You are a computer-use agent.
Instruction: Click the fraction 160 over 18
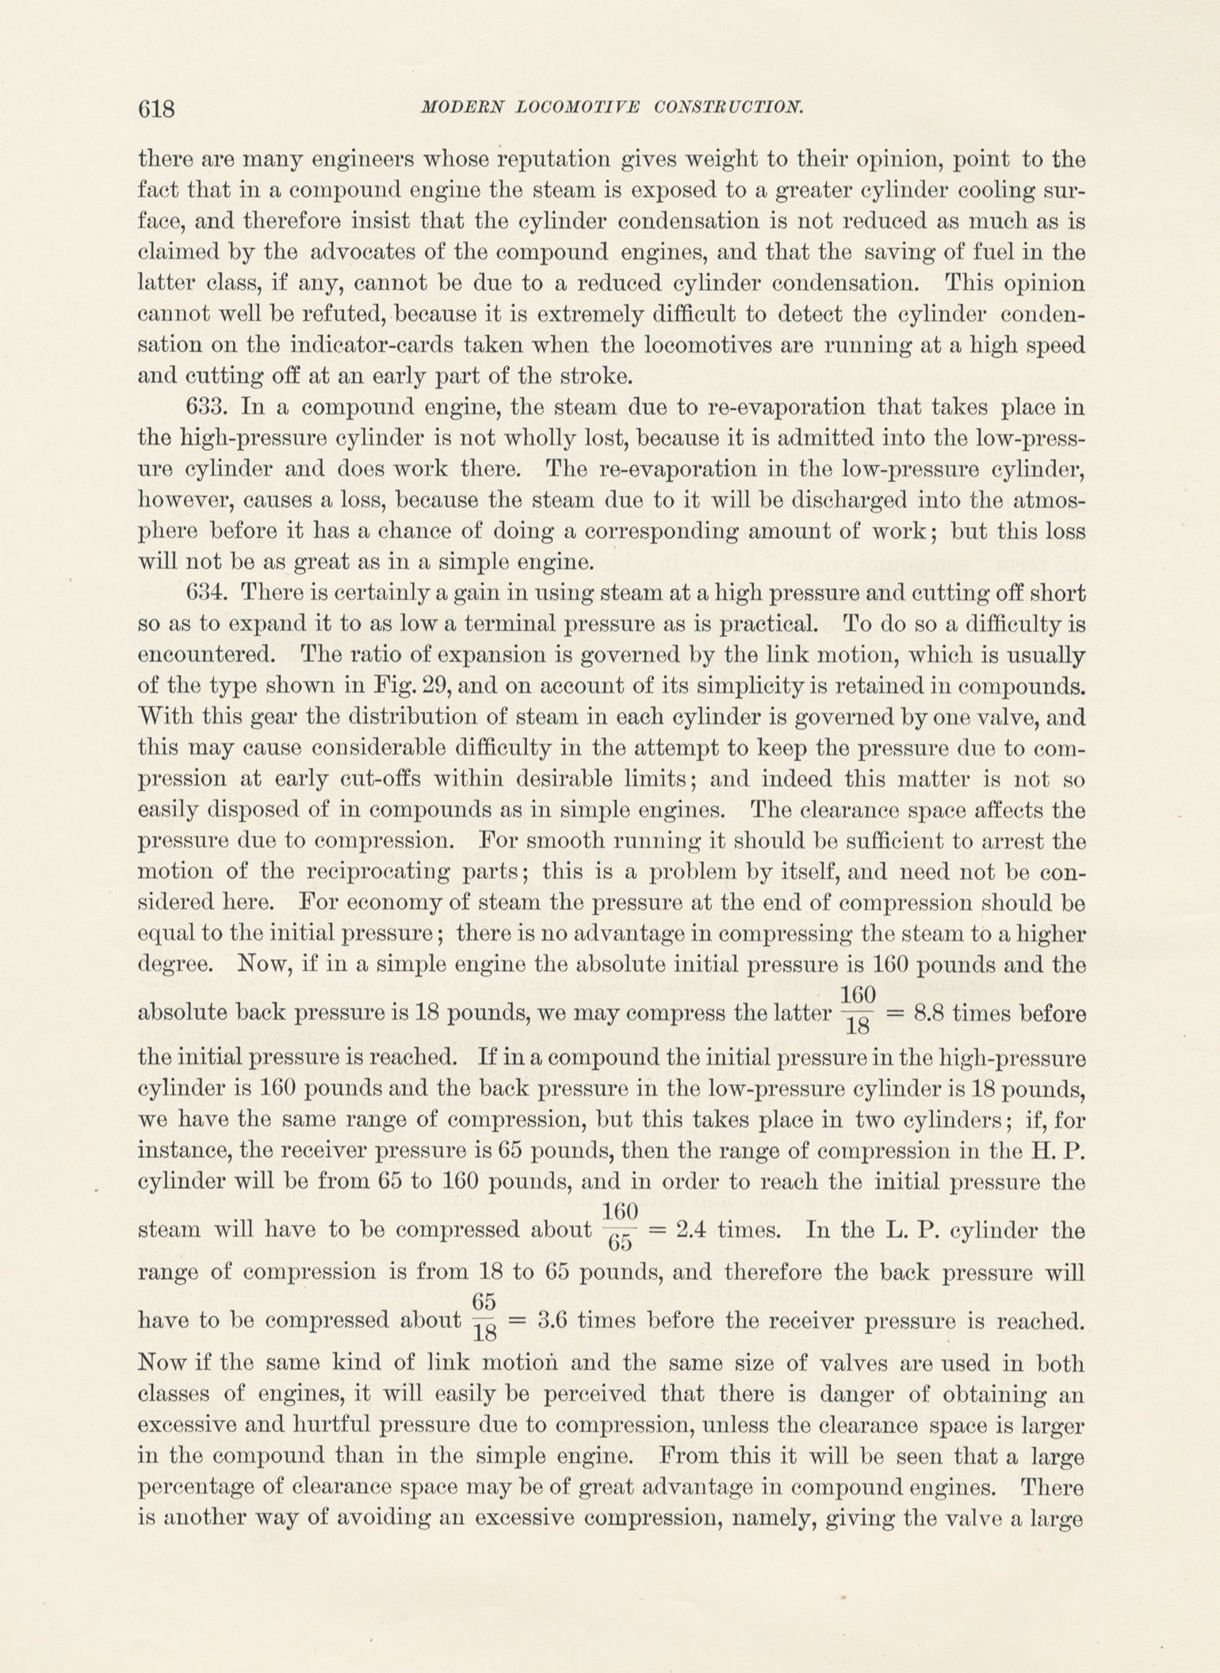tap(857, 1010)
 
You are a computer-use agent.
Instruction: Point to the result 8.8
tap(926, 1014)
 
